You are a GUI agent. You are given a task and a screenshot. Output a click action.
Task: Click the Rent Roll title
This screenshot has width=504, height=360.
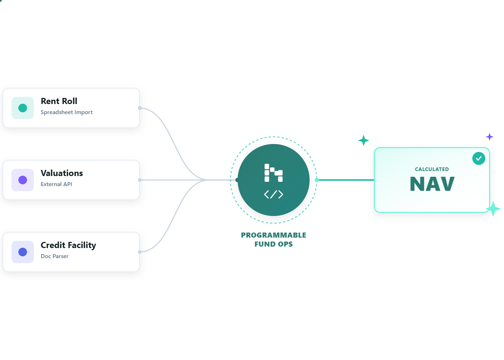tap(59, 101)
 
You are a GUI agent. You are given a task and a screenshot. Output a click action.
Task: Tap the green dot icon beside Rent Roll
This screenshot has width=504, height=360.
tap(23, 108)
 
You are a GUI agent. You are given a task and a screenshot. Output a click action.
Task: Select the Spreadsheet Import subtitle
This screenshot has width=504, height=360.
tap(67, 112)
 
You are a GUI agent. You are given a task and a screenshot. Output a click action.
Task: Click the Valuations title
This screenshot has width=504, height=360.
tap(62, 173)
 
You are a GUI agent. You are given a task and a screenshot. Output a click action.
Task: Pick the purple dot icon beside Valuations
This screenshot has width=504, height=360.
tap(23, 180)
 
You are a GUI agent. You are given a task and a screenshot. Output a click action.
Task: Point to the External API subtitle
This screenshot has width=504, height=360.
tap(56, 184)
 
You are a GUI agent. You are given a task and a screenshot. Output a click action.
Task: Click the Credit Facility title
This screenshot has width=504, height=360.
tap(68, 245)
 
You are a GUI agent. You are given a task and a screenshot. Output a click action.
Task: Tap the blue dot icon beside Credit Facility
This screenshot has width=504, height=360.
tap(23, 252)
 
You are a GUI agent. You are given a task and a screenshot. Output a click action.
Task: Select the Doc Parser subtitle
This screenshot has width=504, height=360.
tap(54, 256)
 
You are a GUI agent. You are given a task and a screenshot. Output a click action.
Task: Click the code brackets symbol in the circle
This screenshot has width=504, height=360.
tap(274, 194)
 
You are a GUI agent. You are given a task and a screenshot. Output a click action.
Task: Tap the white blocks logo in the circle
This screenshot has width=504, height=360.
tap(274, 173)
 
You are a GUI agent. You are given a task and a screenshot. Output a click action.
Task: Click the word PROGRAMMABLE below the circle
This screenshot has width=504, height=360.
tap(274, 235)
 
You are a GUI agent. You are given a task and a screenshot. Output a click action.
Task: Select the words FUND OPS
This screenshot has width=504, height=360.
tap(274, 244)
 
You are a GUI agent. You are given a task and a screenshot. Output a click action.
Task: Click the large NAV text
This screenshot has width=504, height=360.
tap(432, 184)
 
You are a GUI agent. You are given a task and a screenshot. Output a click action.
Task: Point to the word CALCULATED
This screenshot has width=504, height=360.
tap(432, 169)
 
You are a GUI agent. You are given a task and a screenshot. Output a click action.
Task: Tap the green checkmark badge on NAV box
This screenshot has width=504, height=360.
tap(479, 158)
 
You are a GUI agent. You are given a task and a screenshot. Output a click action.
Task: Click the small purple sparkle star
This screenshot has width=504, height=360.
tap(490, 137)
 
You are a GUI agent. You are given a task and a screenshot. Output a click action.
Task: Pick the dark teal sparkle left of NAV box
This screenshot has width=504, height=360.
tap(364, 140)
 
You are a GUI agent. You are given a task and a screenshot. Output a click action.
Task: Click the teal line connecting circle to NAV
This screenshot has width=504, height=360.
tap(346, 180)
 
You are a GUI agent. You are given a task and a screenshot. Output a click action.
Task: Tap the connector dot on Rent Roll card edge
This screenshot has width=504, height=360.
tap(140, 108)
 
